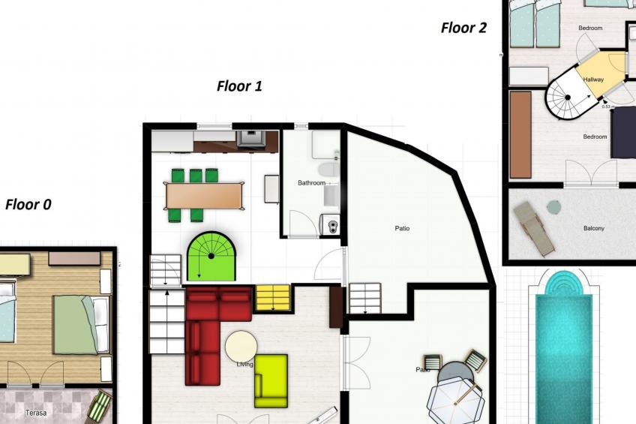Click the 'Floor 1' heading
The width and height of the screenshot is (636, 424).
[239, 86]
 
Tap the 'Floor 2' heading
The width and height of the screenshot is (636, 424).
[463, 29]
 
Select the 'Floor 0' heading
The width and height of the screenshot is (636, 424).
[28, 204]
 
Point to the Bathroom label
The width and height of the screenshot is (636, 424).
[311, 183]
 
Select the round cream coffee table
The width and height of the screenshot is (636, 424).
[241, 347]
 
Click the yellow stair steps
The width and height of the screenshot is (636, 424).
[272, 297]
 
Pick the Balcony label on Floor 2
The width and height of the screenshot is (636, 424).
[593, 228]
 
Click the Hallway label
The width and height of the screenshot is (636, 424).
[593, 80]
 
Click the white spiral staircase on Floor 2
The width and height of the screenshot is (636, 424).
[566, 97]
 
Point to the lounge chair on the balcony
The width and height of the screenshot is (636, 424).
[535, 227]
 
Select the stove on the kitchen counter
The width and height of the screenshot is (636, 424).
[250, 138]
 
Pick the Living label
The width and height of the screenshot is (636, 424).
[244, 365]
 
